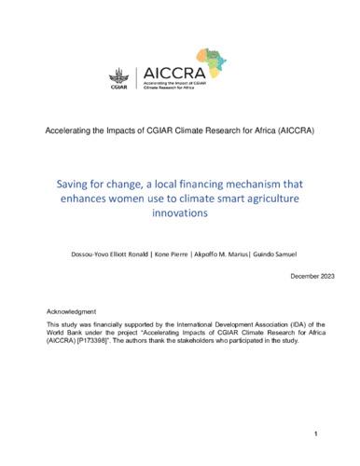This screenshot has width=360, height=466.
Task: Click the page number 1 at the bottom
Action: click(316, 434)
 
